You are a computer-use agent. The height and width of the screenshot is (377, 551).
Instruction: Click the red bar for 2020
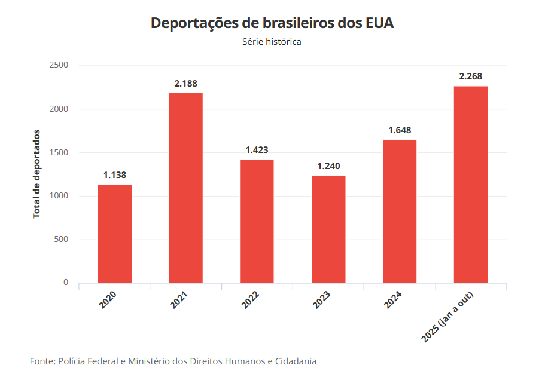[x=115, y=234]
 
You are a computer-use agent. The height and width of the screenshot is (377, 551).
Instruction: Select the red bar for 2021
[x=185, y=188]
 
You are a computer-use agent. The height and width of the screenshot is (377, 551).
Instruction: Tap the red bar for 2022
[x=257, y=221]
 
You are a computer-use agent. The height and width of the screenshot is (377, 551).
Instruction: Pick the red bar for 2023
[x=328, y=229]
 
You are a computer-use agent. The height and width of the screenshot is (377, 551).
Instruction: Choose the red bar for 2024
[x=400, y=211]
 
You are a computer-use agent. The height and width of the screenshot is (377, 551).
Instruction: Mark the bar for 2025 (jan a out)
[x=471, y=184]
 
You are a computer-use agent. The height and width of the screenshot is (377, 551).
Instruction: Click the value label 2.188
[x=185, y=84]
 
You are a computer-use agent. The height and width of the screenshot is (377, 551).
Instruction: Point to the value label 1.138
[x=115, y=175]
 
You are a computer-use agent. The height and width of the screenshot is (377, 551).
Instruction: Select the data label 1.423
[x=257, y=150]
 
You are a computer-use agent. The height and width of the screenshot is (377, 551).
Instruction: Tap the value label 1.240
[x=328, y=166]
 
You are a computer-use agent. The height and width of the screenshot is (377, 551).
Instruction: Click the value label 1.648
[x=400, y=130]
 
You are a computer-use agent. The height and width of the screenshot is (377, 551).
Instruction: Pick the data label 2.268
[x=471, y=76]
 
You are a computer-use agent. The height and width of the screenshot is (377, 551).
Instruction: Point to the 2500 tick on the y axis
[x=59, y=65]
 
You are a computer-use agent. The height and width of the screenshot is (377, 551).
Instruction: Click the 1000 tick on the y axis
[x=59, y=196]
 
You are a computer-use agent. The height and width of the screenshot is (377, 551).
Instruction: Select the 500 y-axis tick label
[x=61, y=240]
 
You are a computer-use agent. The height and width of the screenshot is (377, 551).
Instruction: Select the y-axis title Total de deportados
[x=36, y=173]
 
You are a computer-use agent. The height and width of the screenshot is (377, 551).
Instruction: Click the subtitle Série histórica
[x=272, y=42]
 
